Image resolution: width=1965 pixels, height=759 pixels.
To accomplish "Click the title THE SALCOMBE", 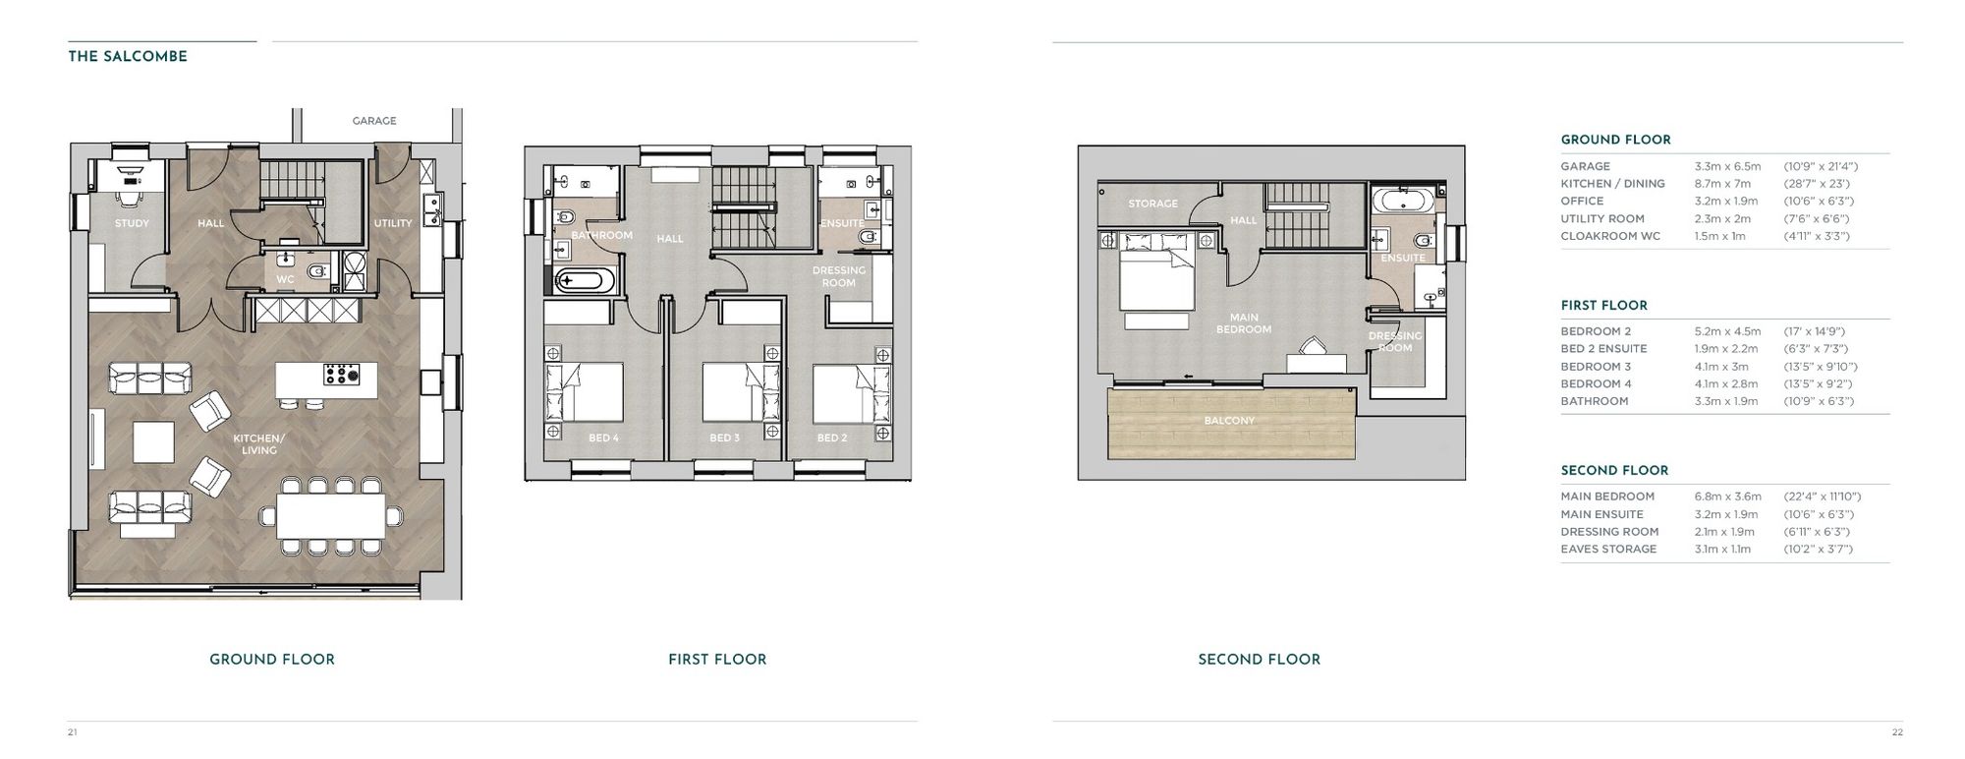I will click(x=127, y=57).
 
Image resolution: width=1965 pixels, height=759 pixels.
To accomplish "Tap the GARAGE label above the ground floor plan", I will click(x=374, y=121).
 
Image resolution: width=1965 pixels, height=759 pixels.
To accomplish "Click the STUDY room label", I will click(x=132, y=223).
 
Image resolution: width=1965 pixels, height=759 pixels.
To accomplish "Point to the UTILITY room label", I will click(x=393, y=223).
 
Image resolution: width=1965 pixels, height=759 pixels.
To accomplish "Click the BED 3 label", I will click(x=724, y=438).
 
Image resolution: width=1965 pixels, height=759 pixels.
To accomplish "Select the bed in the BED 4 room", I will click(x=584, y=393).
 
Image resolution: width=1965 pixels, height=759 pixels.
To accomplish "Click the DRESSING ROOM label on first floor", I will click(x=838, y=276).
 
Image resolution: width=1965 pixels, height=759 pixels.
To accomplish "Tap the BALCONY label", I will click(x=1229, y=421).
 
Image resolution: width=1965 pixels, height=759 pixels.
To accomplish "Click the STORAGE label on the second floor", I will click(x=1152, y=204).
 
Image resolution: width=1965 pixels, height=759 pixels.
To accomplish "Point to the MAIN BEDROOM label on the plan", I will click(x=1244, y=323).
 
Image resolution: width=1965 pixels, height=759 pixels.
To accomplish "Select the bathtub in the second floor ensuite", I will click(x=1402, y=202).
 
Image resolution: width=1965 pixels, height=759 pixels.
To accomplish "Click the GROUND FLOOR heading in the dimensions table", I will click(x=1615, y=140).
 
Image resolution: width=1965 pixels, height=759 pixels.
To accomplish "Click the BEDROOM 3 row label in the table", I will click(x=1596, y=367).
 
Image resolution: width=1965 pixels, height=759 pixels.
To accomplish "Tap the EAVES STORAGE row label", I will click(x=1608, y=549).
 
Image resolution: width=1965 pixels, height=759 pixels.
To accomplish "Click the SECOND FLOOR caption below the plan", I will click(x=1259, y=660).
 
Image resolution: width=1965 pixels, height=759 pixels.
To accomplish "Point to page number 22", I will click(x=1897, y=731).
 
